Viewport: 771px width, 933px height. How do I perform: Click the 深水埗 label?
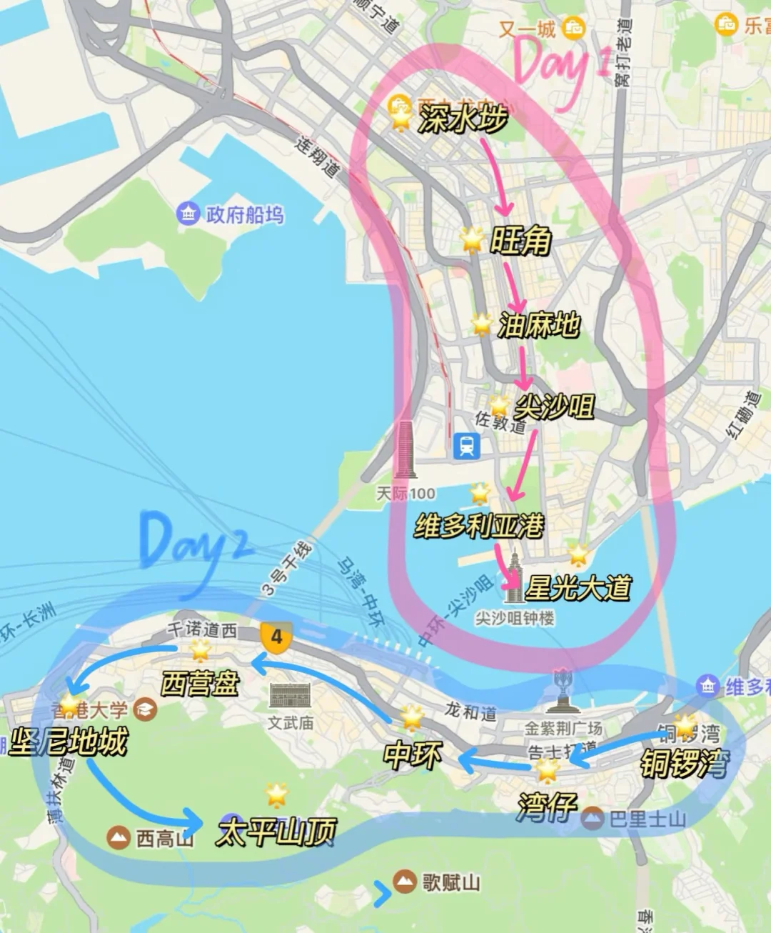(463, 119)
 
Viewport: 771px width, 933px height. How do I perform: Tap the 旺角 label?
(520, 241)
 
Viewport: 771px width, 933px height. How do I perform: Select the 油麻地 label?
(538, 325)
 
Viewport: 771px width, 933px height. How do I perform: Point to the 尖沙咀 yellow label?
(554, 407)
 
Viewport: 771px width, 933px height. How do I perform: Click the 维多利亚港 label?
(478, 527)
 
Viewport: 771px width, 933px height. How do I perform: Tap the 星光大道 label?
(578, 588)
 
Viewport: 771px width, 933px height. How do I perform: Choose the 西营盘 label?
(200, 684)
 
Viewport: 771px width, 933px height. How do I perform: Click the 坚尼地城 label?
(69, 742)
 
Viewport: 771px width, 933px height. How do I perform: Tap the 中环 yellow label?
(413, 755)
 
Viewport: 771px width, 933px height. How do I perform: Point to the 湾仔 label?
(547, 807)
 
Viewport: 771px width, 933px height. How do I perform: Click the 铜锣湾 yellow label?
(684, 763)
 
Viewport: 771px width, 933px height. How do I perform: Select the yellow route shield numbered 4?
(276, 637)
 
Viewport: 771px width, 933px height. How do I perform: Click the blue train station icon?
(467, 446)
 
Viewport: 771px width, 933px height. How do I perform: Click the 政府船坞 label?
(244, 214)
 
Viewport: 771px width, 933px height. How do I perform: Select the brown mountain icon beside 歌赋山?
(404, 882)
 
